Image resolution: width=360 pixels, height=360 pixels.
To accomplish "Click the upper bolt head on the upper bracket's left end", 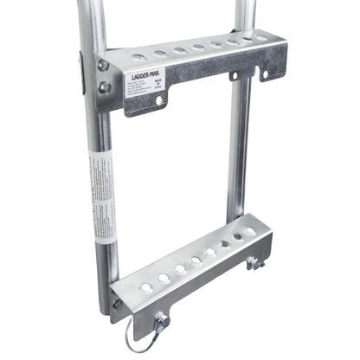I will [x=104, y=66].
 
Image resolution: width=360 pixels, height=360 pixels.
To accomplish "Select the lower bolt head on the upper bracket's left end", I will [x=105, y=87].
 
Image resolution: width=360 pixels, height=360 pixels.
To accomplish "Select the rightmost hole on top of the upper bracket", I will [x=260, y=37].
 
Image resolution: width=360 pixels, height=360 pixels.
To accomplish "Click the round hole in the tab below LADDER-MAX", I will [x=159, y=102].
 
